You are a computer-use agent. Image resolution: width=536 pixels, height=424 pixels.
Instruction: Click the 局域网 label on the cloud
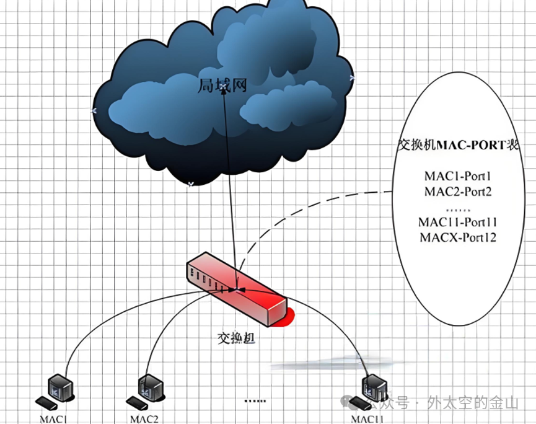222,86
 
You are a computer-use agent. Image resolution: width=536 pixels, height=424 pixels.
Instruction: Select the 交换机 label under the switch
235,338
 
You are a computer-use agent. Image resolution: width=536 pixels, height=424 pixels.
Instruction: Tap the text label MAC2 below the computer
144,418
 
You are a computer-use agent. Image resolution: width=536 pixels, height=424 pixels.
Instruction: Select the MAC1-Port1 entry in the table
457,177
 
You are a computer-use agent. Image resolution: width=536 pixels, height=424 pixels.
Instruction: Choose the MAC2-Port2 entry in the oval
457,192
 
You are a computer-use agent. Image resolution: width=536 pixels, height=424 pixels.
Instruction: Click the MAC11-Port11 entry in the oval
457,222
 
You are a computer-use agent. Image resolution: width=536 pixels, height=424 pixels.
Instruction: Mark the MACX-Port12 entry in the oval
457,237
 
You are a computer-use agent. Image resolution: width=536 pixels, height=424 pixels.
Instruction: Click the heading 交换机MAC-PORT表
457,146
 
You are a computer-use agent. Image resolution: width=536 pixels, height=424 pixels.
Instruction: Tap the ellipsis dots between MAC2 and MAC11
254,400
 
